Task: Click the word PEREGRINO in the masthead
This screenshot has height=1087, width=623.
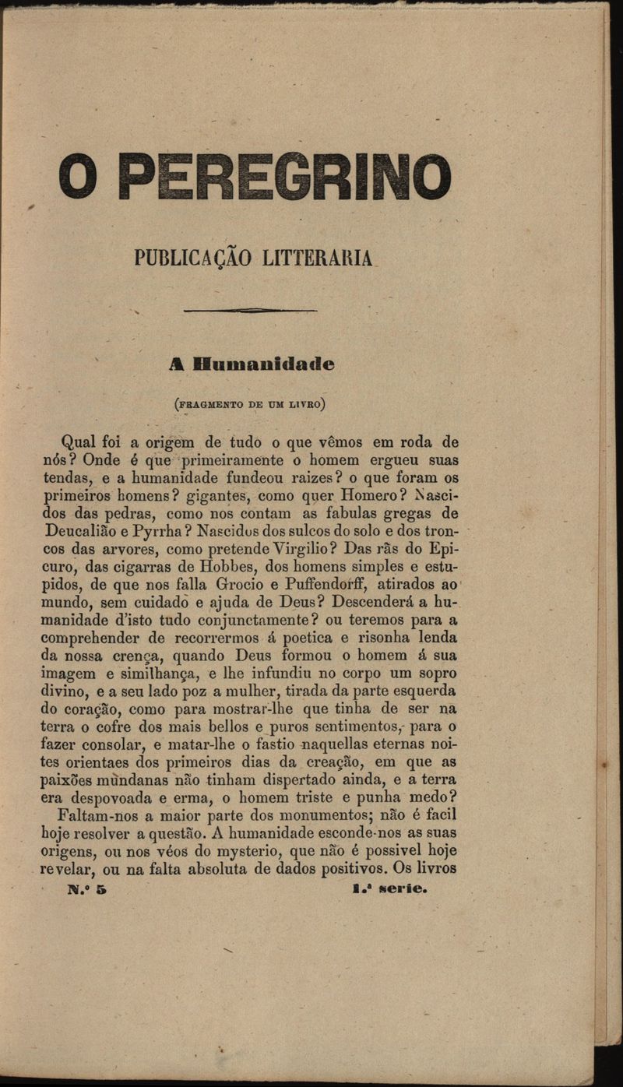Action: point(288,177)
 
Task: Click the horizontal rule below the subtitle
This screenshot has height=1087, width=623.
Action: point(250,310)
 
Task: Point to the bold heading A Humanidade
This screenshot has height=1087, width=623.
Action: point(252,364)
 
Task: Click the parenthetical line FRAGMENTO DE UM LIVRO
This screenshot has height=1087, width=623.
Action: point(250,403)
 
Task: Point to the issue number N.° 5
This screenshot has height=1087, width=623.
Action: point(87,888)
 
